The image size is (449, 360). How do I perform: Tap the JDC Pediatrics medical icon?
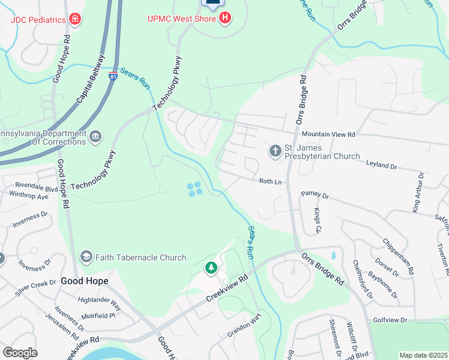75,19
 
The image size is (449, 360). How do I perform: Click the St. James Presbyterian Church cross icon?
275,150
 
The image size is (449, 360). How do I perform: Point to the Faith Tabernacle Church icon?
86,257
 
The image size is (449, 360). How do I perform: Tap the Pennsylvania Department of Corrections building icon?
95,137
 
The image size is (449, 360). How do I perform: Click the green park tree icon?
211,268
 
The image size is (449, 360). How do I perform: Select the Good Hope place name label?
84,281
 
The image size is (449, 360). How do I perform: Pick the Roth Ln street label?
270,181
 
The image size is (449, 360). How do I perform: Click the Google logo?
20,353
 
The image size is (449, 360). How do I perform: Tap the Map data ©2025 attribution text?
423,355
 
